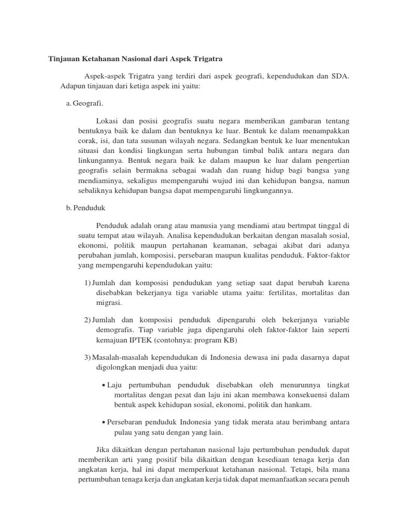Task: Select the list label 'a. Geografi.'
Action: click(84, 103)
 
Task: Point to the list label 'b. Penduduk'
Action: click(86, 208)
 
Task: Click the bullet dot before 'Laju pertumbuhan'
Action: click(104, 385)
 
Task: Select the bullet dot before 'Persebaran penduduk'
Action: click(104, 423)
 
